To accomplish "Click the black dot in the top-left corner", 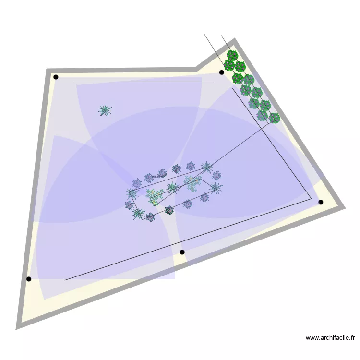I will click(x=56, y=77).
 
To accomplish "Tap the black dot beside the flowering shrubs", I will click(x=221, y=72).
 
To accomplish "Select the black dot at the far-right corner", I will click(x=321, y=202).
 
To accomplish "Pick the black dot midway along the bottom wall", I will click(x=182, y=252).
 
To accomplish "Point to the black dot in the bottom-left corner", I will click(x=29, y=279).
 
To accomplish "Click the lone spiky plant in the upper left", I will click(x=105, y=111).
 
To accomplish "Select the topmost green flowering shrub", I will click(x=232, y=55).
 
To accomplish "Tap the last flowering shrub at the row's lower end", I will click(x=274, y=118).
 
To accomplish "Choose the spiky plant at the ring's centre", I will click(x=172, y=187).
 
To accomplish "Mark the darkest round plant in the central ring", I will click(x=169, y=210).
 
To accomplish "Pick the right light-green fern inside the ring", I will click(x=193, y=182).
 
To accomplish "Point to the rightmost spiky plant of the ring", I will click(x=216, y=188).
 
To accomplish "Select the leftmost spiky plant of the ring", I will click(x=132, y=193).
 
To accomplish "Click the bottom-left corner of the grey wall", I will click(x=17, y=328).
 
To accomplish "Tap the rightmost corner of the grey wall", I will click(x=344, y=208).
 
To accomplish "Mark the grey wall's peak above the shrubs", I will click(x=234, y=40).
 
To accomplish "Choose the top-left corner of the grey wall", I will click(x=48, y=71).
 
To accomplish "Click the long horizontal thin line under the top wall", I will click(x=144, y=81).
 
